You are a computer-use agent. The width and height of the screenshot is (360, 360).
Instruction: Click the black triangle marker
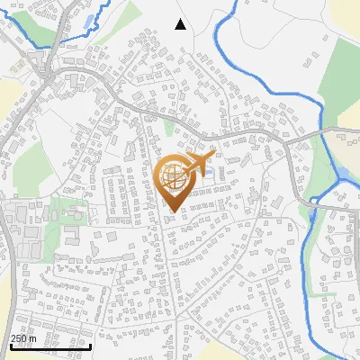[x=180, y=24]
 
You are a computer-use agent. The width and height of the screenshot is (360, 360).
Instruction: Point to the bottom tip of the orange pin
[x=173, y=211]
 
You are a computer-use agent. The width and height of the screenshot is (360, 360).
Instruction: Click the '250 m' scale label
[x=23, y=338]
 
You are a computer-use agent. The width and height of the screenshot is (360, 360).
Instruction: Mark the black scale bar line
[x=49, y=346]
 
